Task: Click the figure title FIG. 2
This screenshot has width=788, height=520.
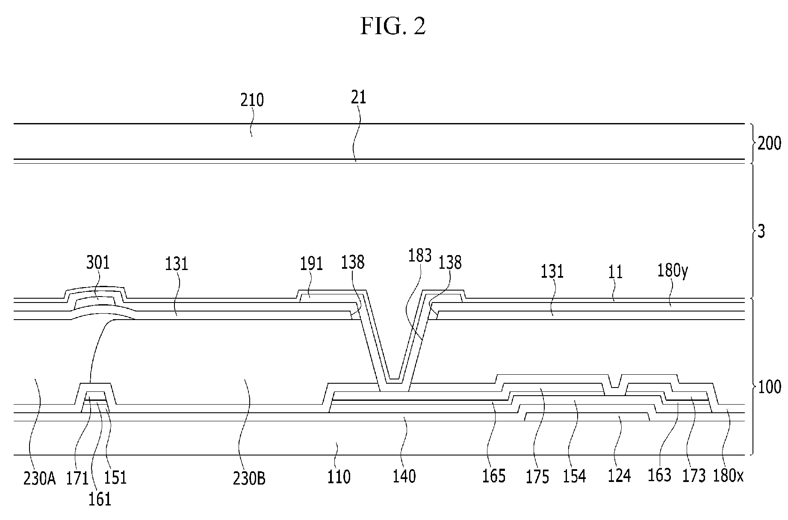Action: click(x=393, y=26)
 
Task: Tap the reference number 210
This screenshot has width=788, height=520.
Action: click(x=252, y=100)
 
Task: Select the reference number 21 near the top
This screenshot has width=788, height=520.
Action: click(x=358, y=97)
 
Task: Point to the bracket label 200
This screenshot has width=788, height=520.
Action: click(x=769, y=144)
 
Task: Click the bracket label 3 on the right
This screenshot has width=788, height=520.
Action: click(x=761, y=231)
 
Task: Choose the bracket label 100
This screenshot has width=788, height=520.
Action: click(x=769, y=387)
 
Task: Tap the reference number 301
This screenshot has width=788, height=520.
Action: click(x=98, y=262)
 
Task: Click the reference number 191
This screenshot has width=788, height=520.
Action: click(x=311, y=264)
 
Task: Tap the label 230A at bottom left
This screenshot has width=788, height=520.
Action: click(x=40, y=479)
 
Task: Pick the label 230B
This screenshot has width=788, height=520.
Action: click(x=249, y=479)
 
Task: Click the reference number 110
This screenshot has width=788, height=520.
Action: click(x=339, y=476)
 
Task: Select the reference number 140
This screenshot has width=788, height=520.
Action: click(x=404, y=476)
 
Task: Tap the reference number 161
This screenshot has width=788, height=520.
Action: click(x=100, y=499)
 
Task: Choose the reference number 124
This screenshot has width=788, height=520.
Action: click(x=619, y=476)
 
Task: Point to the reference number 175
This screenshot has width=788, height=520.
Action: click(x=537, y=477)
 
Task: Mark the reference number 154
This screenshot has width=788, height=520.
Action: click(x=574, y=476)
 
